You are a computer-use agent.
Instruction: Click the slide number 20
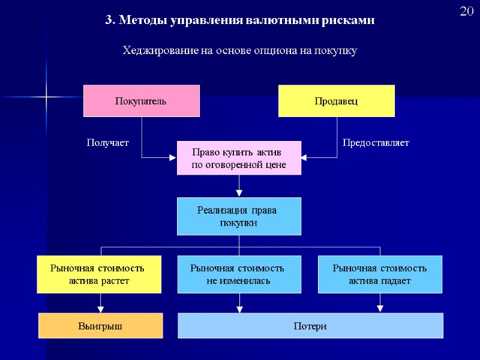tap(467, 12)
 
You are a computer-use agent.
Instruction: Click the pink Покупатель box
tap(141, 101)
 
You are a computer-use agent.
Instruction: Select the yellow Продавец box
tap(337, 101)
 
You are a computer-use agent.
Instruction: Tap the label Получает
tap(108, 143)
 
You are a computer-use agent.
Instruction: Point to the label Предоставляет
tap(376, 143)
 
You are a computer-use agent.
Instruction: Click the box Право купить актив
tap(239, 158)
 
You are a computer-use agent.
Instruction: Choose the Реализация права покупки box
tap(239, 216)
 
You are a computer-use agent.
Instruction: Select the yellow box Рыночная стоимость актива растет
tap(99, 274)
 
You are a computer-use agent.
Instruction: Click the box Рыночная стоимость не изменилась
tap(239, 274)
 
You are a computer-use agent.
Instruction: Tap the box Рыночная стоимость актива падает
tap(380, 274)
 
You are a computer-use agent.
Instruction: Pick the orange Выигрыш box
tap(101, 326)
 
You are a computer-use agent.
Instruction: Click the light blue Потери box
tap(310, 326)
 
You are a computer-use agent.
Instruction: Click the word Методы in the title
tap(143, 20)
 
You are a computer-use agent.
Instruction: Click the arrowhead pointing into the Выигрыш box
tap(101, 309)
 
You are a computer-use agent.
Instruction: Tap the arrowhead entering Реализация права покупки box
tap(239, 193)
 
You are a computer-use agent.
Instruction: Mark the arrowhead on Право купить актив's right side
tap(304, 158)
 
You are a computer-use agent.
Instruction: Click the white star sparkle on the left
tap(46, 96)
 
